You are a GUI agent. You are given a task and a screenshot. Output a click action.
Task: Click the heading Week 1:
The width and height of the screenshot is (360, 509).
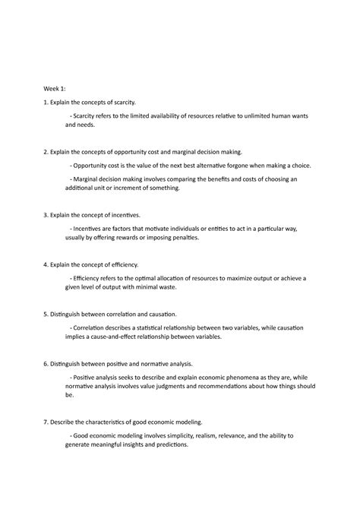click(55, 87)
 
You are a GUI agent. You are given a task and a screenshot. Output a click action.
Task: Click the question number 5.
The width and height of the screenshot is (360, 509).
click(44, 314)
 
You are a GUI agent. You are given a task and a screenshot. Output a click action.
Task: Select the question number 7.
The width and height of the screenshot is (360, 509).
click(44, 421)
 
